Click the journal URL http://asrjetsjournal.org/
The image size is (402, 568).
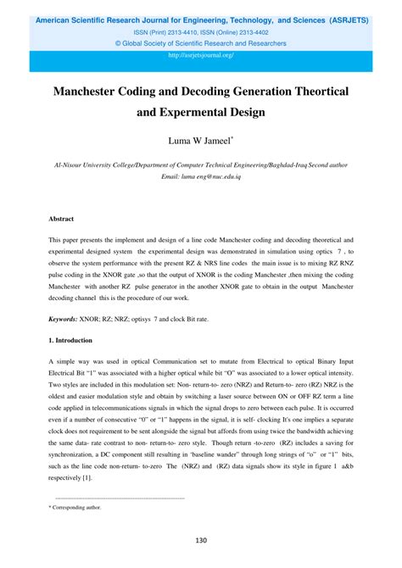point(201,55)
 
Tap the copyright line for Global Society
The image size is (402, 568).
point(201,42)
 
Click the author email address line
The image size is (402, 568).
point(201,176)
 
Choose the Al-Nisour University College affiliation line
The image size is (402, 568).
point(201,165)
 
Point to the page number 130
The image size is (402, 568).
point(201,540)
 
